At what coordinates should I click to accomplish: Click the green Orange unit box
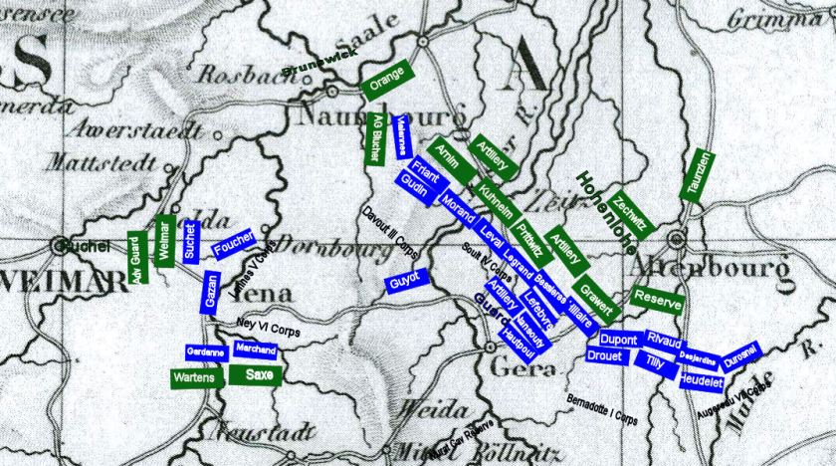pos(386,81)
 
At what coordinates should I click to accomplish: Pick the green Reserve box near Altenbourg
pos(657,297)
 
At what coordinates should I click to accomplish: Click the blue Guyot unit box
pos(406,282)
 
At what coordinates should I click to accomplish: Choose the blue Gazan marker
pos(211,293)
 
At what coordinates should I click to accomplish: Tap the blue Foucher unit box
pos(233,245)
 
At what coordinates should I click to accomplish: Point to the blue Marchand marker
pos(255,349)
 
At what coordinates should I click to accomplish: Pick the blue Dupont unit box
pos(618,339)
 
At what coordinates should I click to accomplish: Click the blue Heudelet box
pos(701,379)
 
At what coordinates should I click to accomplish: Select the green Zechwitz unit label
pos(630,213)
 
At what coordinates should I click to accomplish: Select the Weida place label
pos(433,410)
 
